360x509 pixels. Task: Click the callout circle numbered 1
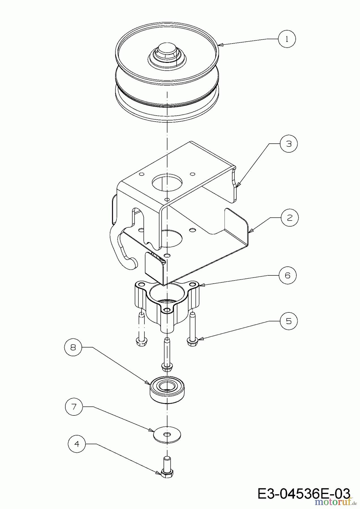(x=287, y=39)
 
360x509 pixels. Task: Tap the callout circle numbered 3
(x=289, y=144)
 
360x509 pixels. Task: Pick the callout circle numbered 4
(x=77, y=444)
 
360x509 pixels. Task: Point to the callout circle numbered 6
(x=288, y=275)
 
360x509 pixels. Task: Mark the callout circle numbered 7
(x=74, y=407)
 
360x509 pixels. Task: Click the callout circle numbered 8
(x=73, y=347)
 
